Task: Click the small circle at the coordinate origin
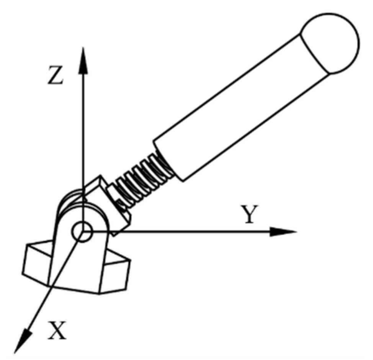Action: click(81, 232)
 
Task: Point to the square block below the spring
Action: click(111, 203)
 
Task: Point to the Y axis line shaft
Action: click(191, 232)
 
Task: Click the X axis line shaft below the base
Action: click(42, 303)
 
